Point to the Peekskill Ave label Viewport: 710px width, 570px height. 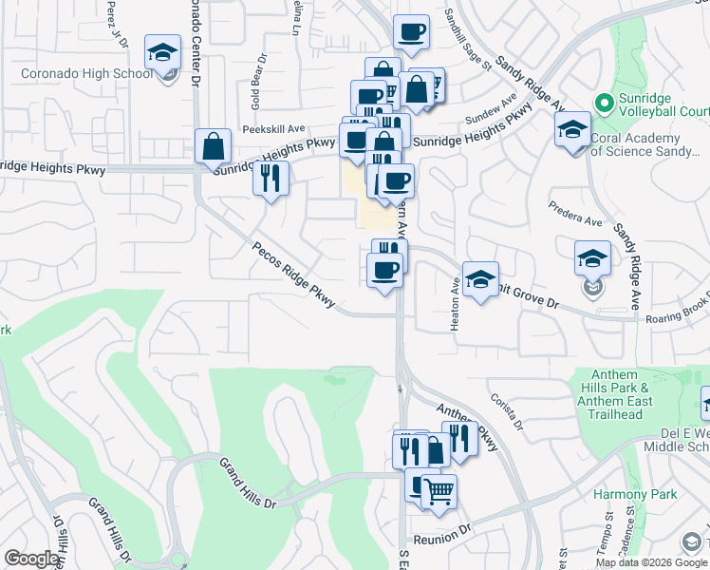pyautogui.click(x=272, y=128)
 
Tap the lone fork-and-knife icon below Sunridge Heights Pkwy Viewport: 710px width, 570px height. pyautogui.click(x=271, y=178)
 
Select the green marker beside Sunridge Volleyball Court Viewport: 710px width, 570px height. pyautogui.click(x=601, y=101)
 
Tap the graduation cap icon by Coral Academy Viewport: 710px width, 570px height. pyautogui.click(x=572, y=130)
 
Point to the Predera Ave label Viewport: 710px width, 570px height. pyautogui.click(x=575, y=213)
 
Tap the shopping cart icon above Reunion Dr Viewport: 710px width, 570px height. pyautogui.click(x=439, y=492)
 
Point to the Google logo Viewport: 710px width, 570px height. pyautogui.click(x=31, y=559)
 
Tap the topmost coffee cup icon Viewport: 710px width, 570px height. pyautogui.click(x=411, y=33)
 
